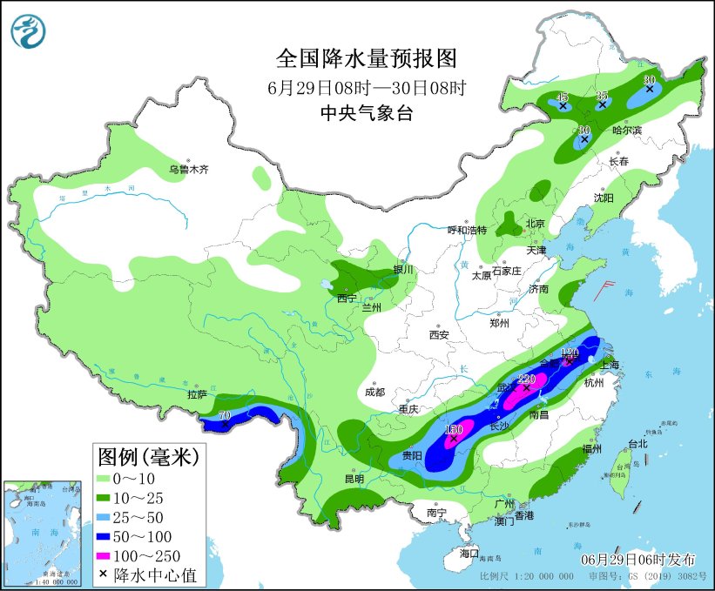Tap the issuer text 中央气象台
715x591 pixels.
pyautogui.click(x=366, y=112)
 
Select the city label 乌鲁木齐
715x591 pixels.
pyautogui.click(x=189, y=170)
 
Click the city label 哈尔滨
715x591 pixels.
pyautogui.click(x=626, y=131)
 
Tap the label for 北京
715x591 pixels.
pyautogui.click(x=535, y=224)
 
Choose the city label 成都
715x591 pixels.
pyautogui.click(x=374, y=392)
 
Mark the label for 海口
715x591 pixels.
pyautogui.click(x=469, y=553)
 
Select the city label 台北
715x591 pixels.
pyautogui.click(x=637, y=444)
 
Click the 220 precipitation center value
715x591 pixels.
pyautogui.click(x=525, y=379)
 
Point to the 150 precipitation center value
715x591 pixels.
pyautogui.click(x=453, y=429)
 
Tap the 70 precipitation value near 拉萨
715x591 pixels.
pyautogui.click(x=224, y=416)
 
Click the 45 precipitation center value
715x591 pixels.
pyautogui.click(x=563, y=97)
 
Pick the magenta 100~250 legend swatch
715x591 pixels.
pyautogui.click(x=111, y=555)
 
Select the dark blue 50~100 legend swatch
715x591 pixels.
pyautogui.click(x=111, y=535)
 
